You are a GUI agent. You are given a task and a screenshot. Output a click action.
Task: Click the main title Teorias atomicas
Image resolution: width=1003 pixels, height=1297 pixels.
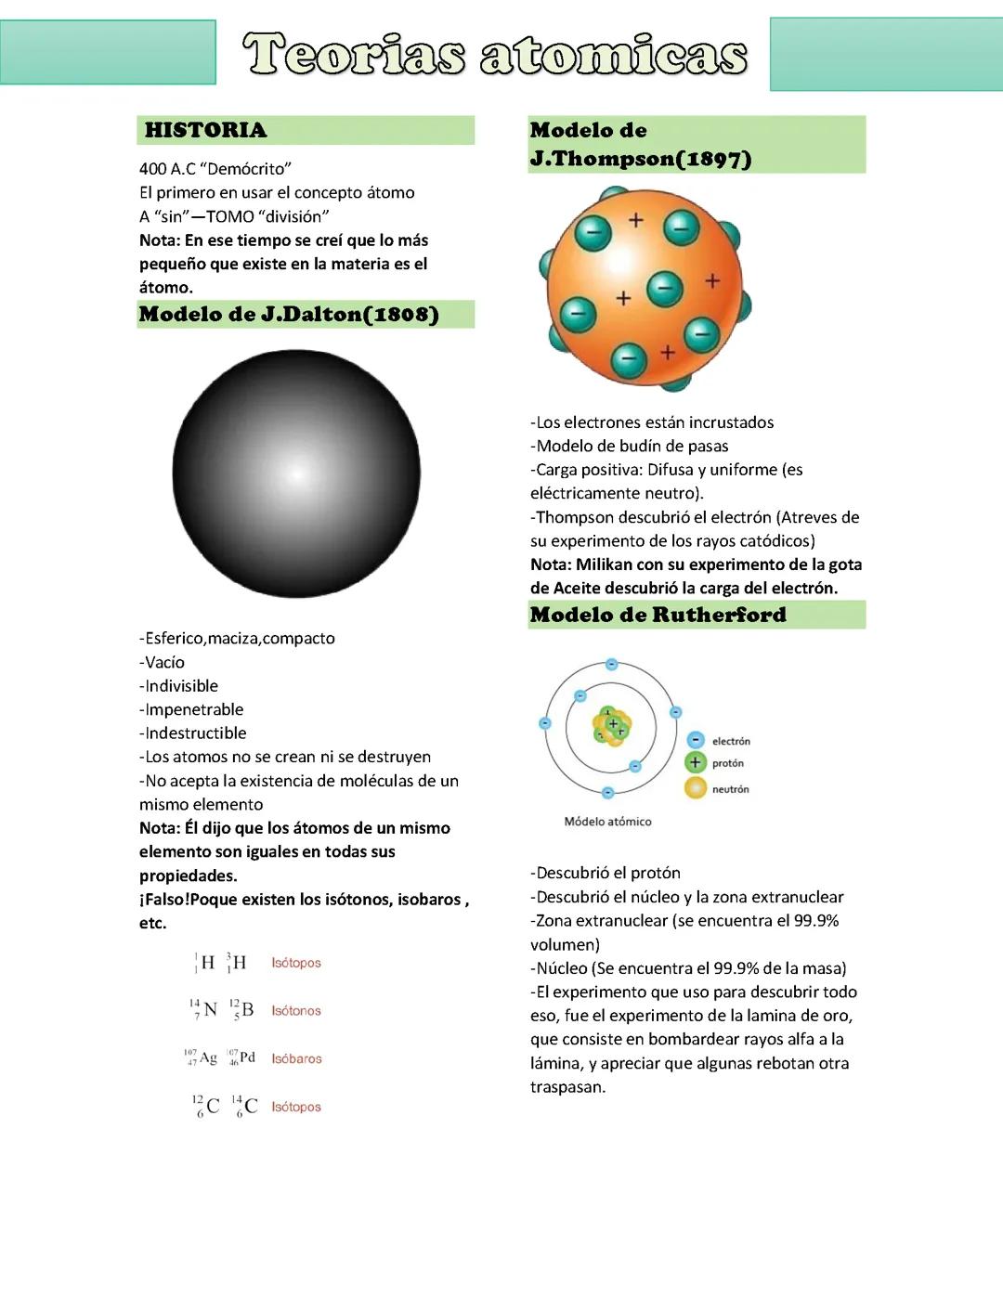coord(495,55)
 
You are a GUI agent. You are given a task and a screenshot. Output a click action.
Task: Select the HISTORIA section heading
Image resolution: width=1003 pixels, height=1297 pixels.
coord(205,130)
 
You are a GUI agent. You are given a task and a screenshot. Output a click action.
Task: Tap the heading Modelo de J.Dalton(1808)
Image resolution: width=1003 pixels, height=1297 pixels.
coord(289,314)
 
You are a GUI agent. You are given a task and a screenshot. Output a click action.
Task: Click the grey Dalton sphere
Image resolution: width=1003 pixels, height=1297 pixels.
coord(296,473)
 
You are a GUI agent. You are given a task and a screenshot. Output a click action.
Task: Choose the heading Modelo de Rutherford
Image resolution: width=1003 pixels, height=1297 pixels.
coord(658,615)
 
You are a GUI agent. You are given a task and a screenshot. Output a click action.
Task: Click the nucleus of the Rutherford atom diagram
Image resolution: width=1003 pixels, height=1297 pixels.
coord(612,726)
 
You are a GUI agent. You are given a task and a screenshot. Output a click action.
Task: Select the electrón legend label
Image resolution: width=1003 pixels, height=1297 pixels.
coord(731,741)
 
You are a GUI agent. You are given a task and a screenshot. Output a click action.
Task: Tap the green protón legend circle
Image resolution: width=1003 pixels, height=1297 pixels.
coord(696,762)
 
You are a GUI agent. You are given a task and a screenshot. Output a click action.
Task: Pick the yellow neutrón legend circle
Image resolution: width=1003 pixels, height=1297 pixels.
coord(696,788)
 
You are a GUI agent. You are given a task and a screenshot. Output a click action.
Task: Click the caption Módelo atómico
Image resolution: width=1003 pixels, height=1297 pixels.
coord(607,822)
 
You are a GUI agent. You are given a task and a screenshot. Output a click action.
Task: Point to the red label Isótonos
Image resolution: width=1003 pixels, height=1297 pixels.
coord(296,1011)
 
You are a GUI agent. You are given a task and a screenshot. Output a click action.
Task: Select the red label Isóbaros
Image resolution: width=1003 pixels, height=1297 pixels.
coord(296,1058)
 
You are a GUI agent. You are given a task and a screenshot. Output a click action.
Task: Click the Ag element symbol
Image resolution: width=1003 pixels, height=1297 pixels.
coord(208,1058)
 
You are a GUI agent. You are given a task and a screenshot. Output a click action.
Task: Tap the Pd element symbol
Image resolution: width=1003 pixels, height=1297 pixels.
coord(247,1057)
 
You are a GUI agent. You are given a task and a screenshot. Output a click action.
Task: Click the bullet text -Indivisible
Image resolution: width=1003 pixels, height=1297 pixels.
coord(178,686)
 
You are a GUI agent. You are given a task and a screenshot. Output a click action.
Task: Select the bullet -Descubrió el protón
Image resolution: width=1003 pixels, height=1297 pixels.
coord(606,873)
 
